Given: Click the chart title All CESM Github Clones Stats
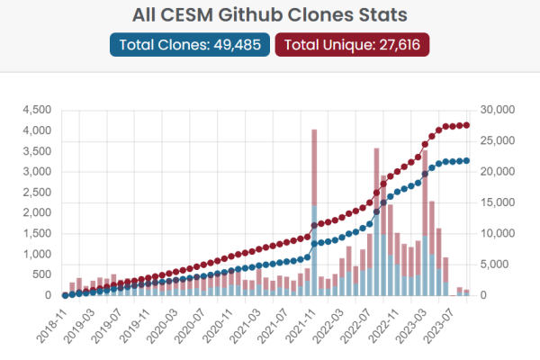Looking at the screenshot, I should pos(269,14).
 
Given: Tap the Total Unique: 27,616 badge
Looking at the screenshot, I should pos(352,45).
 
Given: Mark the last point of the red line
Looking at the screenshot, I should pos(467,125).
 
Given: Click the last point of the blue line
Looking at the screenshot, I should pos(467,161).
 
